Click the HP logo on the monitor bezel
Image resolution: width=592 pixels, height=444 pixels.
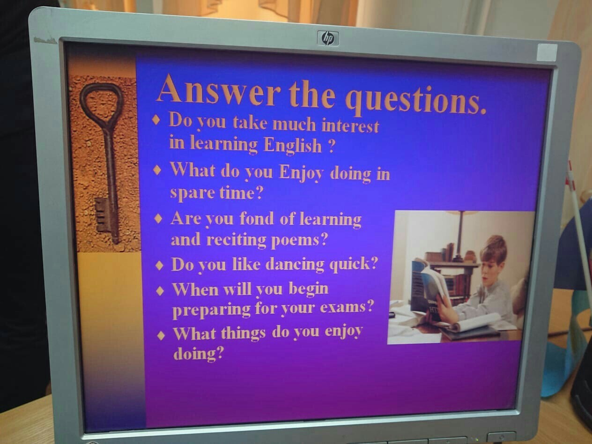[x=328, y=38]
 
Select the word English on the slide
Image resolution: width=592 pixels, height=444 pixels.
[x=293, y=145]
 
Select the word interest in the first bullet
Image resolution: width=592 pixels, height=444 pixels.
[x=350, y=126]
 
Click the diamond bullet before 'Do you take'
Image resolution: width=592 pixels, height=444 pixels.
[x=156, y=120]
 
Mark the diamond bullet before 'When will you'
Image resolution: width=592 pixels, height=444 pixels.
[x=160, y=291]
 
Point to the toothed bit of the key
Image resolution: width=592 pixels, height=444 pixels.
[x=102, y=215]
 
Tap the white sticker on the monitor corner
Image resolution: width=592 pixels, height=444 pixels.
[x=547, y=52]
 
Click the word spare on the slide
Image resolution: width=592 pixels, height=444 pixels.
[x=192, y=193]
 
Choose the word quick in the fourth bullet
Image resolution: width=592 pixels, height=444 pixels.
[x=353, y=264]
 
